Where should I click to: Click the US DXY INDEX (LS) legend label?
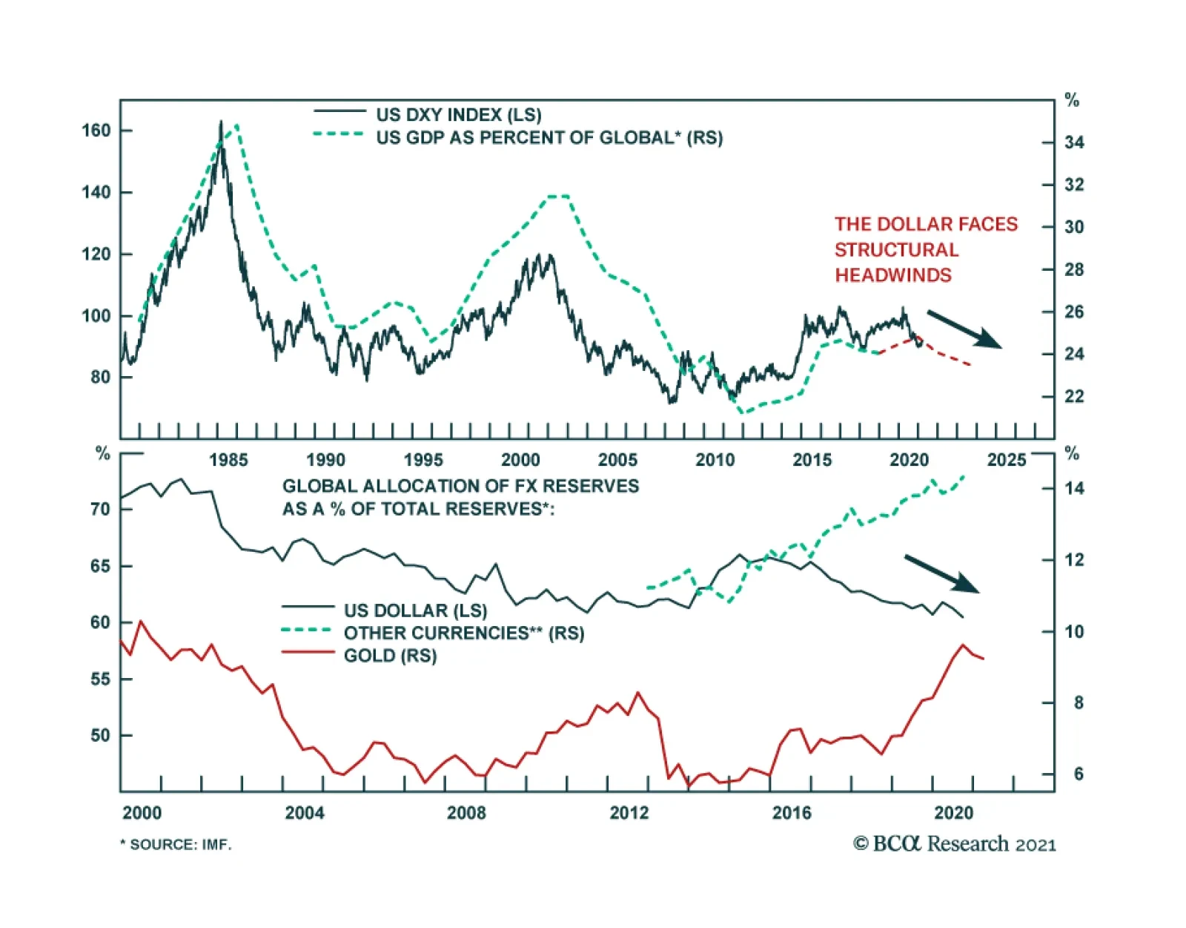click(x=458, y=115)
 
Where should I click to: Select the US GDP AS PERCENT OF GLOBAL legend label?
click(x=549, y=138)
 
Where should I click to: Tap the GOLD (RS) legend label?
click(x=390, y=656)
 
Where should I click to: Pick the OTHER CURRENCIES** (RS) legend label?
click(x=463, y=634)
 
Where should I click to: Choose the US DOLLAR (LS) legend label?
click(x=415, y=611)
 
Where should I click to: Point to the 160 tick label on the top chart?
click(x=96, y=131)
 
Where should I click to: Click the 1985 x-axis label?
click(x=228, y=460)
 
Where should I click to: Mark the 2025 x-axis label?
click(x=1006, y=460)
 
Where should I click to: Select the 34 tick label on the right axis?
click(x=1074, y=142)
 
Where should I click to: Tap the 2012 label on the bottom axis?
click(x=629, y=813)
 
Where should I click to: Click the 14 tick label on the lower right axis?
click(x=1074, y=488)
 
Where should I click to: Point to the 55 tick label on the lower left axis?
click(x=100, y=679)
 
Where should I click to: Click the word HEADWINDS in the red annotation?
click(x=892, y=275)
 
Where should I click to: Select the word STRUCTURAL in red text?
click(x=896, y=250)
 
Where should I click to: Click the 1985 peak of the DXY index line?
click(x=220, y=122)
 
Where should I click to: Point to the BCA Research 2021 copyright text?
click(x=954, y=844)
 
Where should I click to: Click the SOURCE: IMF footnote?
click(x=176, y=845)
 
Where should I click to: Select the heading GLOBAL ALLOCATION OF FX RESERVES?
click(x=460, y=486)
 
